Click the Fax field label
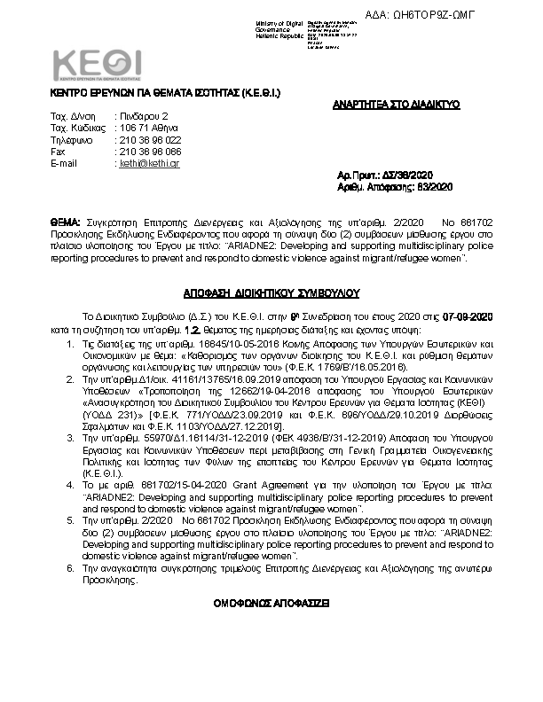click(x=59, y=152)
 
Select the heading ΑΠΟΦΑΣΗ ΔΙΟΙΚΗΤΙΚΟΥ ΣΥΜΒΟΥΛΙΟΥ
click(x=271, y=291)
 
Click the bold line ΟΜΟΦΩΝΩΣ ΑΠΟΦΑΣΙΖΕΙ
click(x=271, y=601)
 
